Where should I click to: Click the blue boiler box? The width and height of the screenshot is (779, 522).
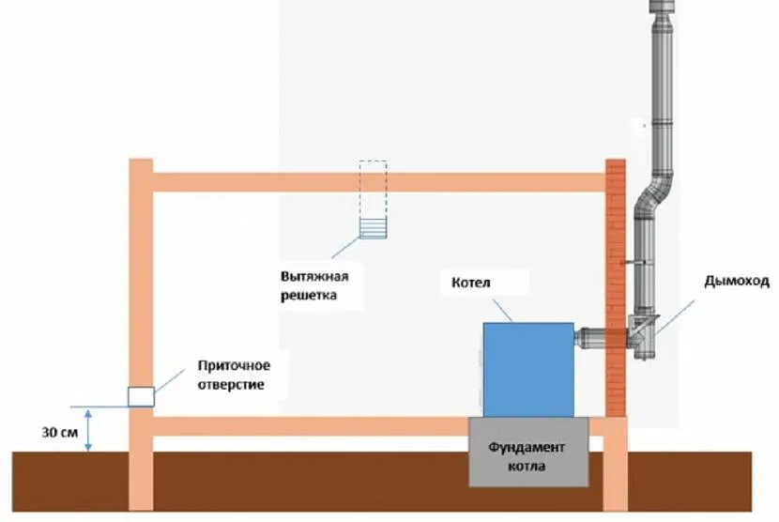coord(528,370)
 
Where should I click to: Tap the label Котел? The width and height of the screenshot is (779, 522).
coord(471,283)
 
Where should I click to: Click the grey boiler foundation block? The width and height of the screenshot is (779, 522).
coord(528,452)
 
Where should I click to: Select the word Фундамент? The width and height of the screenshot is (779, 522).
coord(527,447)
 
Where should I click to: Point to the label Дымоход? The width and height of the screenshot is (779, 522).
coord(737,282)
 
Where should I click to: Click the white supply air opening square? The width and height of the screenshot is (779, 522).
coord(141,397)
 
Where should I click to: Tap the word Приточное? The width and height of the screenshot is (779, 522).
coord(234,366)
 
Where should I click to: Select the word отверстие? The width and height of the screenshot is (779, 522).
coord(231,385)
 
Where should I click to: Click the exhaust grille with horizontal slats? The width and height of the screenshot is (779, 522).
coord(374,229)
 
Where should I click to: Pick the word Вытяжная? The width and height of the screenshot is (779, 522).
coord(314,276)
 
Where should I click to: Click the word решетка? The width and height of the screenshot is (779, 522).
coord(309,296)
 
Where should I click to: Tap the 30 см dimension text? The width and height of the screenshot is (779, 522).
coord(60,433)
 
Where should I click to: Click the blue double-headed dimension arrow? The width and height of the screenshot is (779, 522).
coord(88,430)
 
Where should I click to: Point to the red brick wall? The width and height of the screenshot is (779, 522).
coord(616,288)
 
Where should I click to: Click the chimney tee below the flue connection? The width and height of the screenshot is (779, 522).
coord(643,337)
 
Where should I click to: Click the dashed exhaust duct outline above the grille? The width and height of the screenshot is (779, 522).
coord(374,190)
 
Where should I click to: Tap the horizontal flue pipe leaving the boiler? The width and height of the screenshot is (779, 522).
coord(590,336)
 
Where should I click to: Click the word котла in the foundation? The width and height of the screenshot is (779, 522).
coord(527,467)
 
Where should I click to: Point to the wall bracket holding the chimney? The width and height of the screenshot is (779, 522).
coord(633,263)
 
